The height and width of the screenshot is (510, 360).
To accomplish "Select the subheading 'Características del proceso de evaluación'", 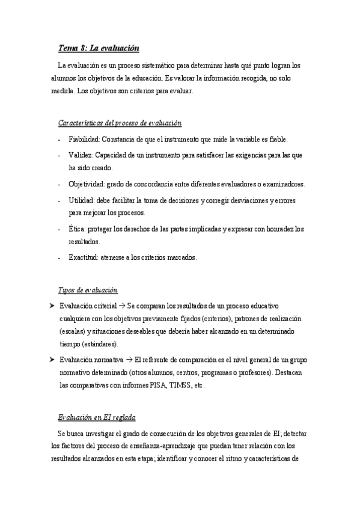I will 120,123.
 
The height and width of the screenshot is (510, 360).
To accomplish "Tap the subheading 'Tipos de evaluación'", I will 88,290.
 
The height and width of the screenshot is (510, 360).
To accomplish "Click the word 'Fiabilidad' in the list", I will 84,139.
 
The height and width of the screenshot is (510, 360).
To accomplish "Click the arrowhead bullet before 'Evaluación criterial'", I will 52,306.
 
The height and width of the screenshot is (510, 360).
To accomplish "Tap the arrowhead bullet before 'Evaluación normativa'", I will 52,359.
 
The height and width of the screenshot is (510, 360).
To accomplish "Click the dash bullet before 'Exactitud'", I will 59,258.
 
